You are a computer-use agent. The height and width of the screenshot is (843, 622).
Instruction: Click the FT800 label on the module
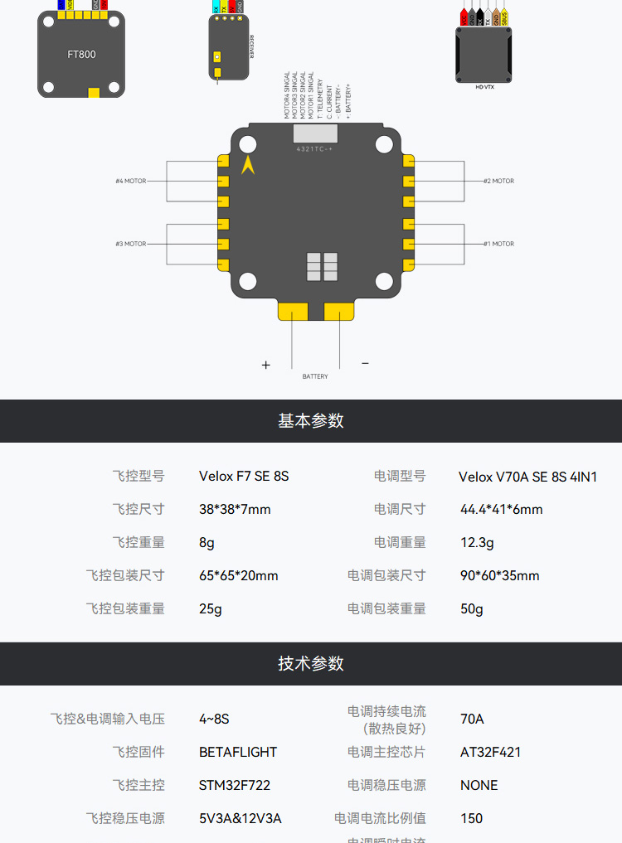pyautogui.click(x=81, y=55)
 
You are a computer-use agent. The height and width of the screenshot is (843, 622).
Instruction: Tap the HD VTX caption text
pyautogui.click(x=484, y=86)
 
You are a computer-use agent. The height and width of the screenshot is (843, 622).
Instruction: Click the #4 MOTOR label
pyautogui.click(x=131, y=181)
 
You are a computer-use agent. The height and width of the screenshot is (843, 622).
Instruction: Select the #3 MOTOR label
pyautogui.click(x=131, y=244)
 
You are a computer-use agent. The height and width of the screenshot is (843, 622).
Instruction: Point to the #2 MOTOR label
pyautogui.click(x=498, y=181)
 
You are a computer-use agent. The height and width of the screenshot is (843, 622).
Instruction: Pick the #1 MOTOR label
pyautogui.click(x=498, y=244)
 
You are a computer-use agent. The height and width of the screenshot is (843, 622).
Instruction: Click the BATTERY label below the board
pyautogui.click(x=315, y=376)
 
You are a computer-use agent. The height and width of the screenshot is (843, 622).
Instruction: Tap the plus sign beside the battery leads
pyautogui.click(x=266, y=365)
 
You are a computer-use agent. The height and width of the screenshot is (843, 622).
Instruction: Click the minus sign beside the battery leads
pyautogui.click(x=365, y=363)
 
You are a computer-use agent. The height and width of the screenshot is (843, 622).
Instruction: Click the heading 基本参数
pyautogui.click(x=311, y=420)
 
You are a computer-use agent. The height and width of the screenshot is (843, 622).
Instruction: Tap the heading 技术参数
pyautogui.click(x=311, y=663)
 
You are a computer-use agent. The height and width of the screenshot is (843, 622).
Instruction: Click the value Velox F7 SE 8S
pyautogui.click(x=244, y=477)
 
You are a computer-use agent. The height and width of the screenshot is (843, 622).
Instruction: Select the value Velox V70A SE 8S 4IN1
pyautogui.click(x=527, y=477)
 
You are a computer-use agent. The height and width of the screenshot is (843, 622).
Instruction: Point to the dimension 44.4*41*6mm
pyautogui.click(x=501, y=509)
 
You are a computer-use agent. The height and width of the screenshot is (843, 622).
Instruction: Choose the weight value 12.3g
pyautogui.click(x=477, y=542)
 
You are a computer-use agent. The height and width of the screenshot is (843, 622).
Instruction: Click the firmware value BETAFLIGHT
pyautogui.click(x=238, y=752)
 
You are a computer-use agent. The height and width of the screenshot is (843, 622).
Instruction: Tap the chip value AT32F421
pyautogui.click(x=490, y=752)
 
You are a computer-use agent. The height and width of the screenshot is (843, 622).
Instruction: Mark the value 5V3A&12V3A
pyautogui.click(x=240, y=818)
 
